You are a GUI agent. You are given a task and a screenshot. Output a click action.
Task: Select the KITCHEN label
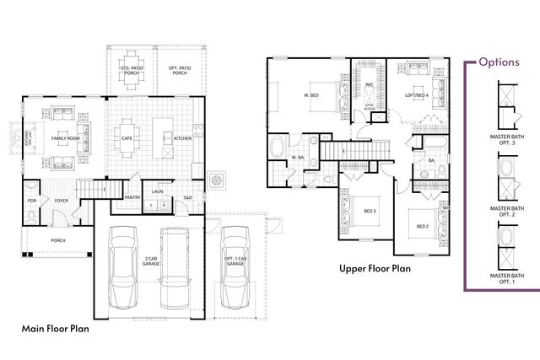point(183,138)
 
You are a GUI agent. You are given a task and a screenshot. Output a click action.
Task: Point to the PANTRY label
point(132,198)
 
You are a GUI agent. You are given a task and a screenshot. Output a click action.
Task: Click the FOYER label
point(61,201)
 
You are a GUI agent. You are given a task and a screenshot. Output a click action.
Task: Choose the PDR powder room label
point(31,201)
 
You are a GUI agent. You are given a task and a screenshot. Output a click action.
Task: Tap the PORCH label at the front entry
point(58,240)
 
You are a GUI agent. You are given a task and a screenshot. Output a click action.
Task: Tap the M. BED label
point(310,96)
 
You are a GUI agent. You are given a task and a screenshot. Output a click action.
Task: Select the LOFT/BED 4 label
point(416,95)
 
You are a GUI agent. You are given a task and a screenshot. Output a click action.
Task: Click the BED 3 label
point(370,211)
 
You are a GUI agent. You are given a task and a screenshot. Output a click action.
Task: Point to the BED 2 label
point(423,226)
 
